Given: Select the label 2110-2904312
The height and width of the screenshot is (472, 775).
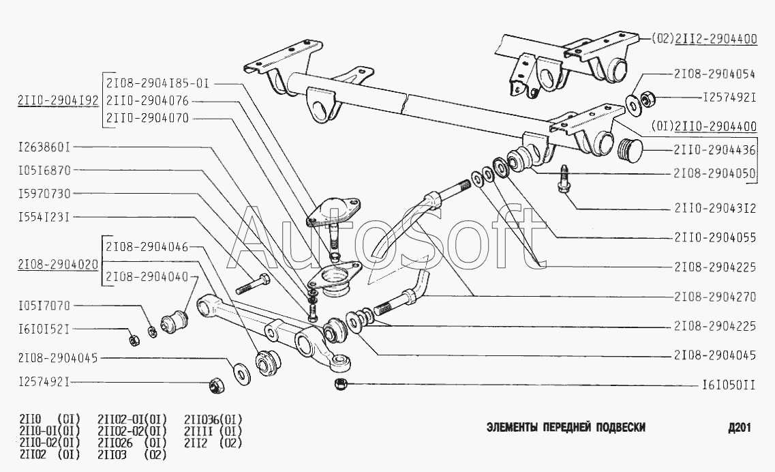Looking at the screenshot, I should tap(715, 209).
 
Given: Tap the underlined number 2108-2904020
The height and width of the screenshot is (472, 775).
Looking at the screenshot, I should tap(57, 263).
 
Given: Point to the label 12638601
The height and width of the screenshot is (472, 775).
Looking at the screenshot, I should tap(44, 147).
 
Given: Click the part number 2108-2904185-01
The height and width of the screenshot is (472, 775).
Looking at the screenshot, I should tap(157, 83).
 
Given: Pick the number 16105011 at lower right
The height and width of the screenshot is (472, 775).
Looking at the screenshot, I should tap(728, 385).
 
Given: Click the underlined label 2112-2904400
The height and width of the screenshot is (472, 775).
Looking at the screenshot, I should tap(716, 40).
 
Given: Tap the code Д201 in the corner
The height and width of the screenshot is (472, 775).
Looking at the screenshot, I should tap(739, 428).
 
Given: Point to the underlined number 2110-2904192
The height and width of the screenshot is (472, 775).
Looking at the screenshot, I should tap(57, 101).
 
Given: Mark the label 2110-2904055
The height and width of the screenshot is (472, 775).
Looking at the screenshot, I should tap(715, 238).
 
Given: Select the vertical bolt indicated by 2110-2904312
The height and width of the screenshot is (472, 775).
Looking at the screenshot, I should tap(564, 179).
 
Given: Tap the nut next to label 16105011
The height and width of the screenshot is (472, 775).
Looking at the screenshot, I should tap(341, 384).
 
